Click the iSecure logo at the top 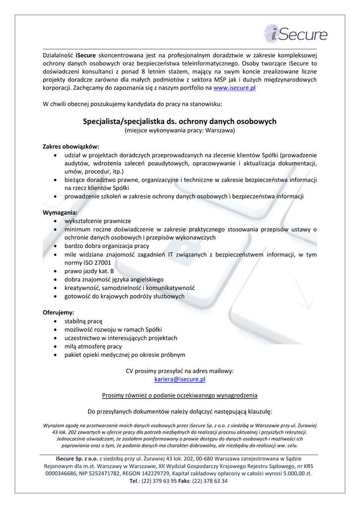[x=296, y=34]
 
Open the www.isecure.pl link [x=234, y=87]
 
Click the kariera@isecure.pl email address [x=180, y=379]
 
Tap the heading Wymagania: [x=60, y=212]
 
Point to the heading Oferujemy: [x=59, y=313]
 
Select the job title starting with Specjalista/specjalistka [x=180, y=121]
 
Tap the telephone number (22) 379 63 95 [x=158, y=481]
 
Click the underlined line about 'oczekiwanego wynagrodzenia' [x=180, y=395]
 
